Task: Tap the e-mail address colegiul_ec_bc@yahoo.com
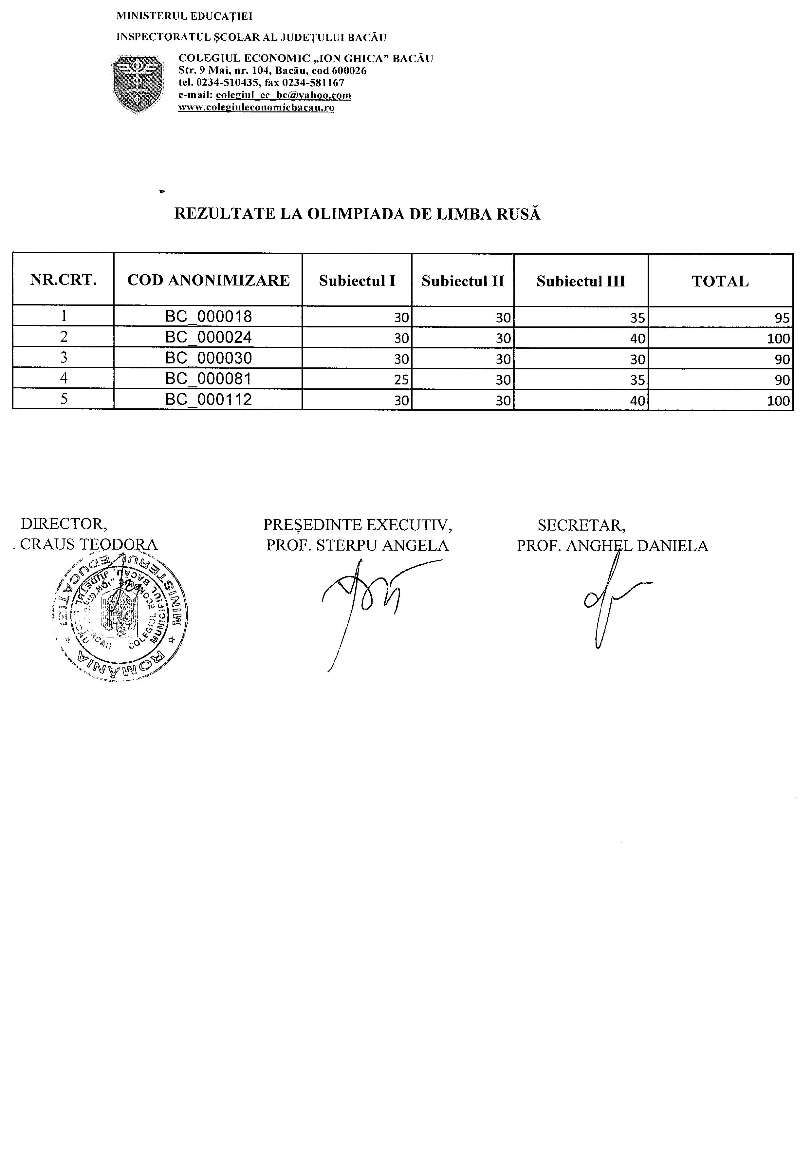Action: pos(284,95)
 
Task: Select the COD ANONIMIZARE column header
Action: pos(208,280)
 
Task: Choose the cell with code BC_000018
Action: pos(208,316)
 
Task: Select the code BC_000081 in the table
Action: pos(208,379)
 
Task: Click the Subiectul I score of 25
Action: pos(401,380)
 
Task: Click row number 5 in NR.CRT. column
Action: pos(64,399)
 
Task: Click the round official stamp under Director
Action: pos(120,615)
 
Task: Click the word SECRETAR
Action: pos(581,525)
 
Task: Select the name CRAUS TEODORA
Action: pos(89,544)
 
